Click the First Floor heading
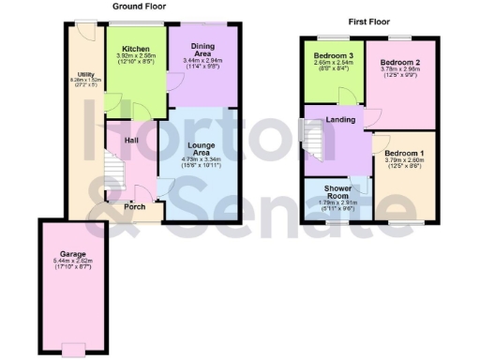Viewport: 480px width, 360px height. point(368,21)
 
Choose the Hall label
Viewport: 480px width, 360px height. point(131,140)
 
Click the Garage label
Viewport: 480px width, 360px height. point(73,254)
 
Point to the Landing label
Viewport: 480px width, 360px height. point(339,119)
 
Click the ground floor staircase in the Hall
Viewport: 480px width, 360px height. point(112,172)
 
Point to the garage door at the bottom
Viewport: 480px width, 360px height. point(73,352)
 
